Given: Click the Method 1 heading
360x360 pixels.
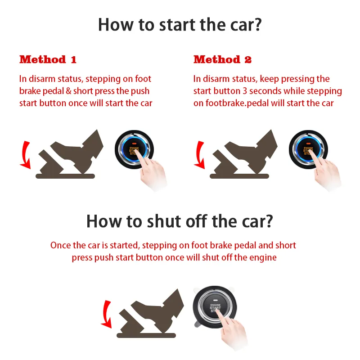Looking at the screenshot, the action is pos(48,59).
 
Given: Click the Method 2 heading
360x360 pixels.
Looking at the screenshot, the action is pos(222,59).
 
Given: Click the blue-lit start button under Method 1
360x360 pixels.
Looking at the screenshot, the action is pos(134,149).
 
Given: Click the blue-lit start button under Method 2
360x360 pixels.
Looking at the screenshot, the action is pos(308,149).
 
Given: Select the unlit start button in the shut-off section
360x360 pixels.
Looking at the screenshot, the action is pos(215,307).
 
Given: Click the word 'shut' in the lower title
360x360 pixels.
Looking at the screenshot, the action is pos(164,221).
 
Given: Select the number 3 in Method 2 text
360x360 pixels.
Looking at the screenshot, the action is pos(245,91).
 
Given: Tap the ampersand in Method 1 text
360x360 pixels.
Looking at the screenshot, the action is pos(68,91).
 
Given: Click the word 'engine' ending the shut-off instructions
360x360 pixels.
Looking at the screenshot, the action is pos(263,258).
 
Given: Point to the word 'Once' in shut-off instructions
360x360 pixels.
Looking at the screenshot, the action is pos(60,245).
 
